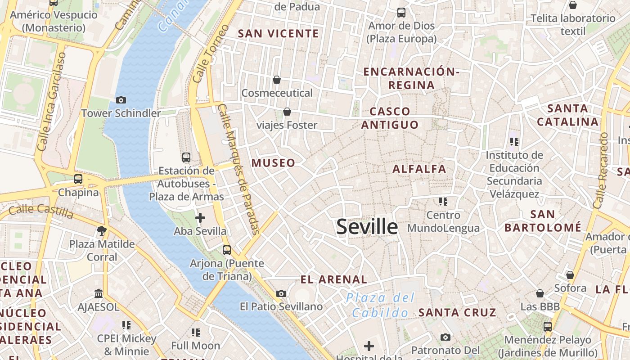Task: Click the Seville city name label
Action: tap(367, 227)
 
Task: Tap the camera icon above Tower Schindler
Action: tap(121, 100)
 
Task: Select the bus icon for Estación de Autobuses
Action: tap(186, 157)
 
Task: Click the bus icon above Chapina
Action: tap(78, 179)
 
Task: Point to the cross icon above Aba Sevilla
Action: tap(200, 218)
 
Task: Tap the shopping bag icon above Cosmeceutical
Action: tap(277, 80)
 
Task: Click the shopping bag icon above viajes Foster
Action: tap(287, 112)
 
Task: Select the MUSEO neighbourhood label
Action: tap(273, 163)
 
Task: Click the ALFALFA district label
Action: tap(419, 169)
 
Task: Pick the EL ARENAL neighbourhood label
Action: tap(334, 279)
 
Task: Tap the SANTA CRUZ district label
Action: tap(457, 312)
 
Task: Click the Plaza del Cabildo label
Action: tap(381, 305)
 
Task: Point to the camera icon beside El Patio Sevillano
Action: tap(281, 294)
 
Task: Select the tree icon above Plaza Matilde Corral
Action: tap(102, 231)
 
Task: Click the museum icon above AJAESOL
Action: tap(99, 294)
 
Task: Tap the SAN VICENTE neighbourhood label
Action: tap(278, 34)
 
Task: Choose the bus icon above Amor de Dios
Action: tap(401, 13)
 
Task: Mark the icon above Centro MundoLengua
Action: tap(443, 202)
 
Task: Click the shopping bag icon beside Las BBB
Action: tap(540, 294)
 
